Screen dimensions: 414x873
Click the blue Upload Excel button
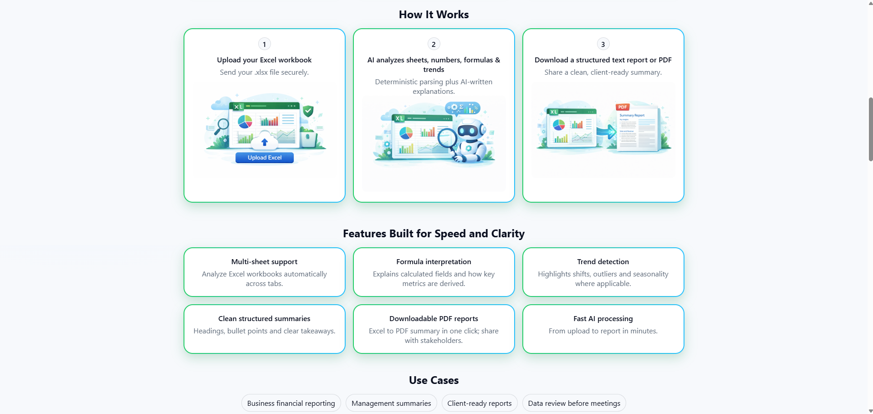pos(264,158)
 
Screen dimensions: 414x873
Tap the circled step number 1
pos(264,44)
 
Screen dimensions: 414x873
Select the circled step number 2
pos(434,44)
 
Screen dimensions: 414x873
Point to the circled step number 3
pos(603,44)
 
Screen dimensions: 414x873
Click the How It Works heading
pos(434,15)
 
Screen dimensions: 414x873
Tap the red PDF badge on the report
pos(623,107)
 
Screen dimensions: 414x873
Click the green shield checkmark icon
pos(308,111)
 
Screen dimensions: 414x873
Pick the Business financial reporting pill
pos(291,403)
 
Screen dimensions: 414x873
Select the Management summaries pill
pos(391,403)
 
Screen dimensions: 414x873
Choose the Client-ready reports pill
pos(479,403)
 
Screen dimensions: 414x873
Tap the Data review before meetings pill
pos(574,403)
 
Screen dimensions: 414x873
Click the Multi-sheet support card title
pos(264,261)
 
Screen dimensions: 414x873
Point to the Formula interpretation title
pos(434,261)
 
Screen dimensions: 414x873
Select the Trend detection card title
pos(603,261)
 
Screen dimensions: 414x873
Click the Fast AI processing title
pos(603,318)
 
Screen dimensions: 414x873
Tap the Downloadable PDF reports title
pos(434,318)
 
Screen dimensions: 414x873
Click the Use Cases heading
pos(434,380)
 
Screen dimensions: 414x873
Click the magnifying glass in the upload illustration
pos(222,125)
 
